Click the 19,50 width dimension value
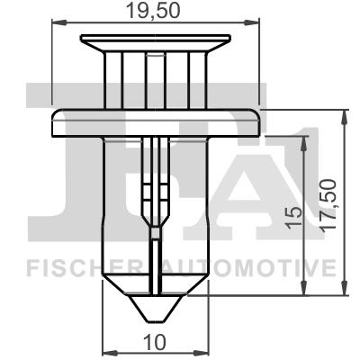pos(156,12)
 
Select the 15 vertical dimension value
pos(292,215)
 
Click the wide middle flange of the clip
pos(156,121)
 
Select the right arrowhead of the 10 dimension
pos(204,352)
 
